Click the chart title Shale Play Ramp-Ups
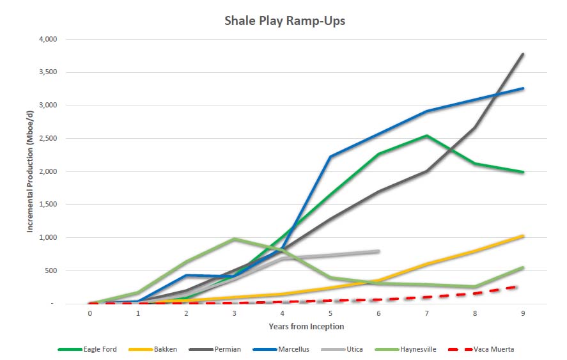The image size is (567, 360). coord(284,20)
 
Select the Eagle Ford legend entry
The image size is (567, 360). coord(87,349)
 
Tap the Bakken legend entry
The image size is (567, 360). coord(153,349)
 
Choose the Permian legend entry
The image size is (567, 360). coord(215,349)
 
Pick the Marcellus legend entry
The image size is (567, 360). coord(281,349)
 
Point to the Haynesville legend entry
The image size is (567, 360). coord(405,349)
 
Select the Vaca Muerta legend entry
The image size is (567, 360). coord(481,349)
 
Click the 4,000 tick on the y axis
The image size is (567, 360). coord(48,39)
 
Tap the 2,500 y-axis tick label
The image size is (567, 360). coord(48,138)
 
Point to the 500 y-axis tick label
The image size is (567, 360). coord(51,270)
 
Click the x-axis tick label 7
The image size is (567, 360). coord(427,313)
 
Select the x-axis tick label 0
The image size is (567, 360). coord(89,313)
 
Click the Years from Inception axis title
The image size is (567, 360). coord(306,326)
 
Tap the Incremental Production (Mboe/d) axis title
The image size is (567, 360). coord(29,171)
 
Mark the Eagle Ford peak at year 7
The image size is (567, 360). coord(427,136)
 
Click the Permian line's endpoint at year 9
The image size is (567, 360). coord(523,54)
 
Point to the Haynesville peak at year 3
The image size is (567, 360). coord(235,239)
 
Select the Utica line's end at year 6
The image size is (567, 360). coord(378,251)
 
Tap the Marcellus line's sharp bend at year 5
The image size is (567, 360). coord(330,157)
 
